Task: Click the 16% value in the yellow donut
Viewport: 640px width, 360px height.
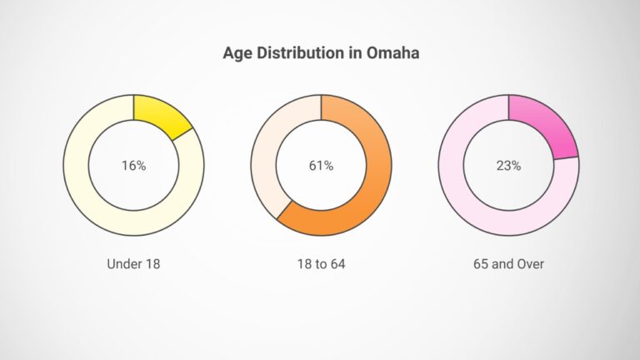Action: pyautogui.click(x=133, y=166)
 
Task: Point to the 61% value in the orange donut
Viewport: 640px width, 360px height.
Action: pyautogui.click(x=321, y=166)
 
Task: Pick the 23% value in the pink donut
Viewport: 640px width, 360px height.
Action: pyautogui.click(x=508, y=166)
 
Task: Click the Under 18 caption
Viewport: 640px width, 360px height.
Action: pyautogui.click(x=133, y=264)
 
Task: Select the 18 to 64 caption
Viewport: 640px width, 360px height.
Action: pyautogui.click(x=321, y=264)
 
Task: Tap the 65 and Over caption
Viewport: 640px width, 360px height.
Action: pyautogui.click(x=508, y=264)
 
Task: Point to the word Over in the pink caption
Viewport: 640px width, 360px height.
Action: pyautogui.click(x=530, y=264)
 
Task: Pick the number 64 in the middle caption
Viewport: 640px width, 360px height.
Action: pyautogui.click(x=337, y=264)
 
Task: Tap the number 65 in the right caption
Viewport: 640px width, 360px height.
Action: pyautogui.click(x=480, y=264)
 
